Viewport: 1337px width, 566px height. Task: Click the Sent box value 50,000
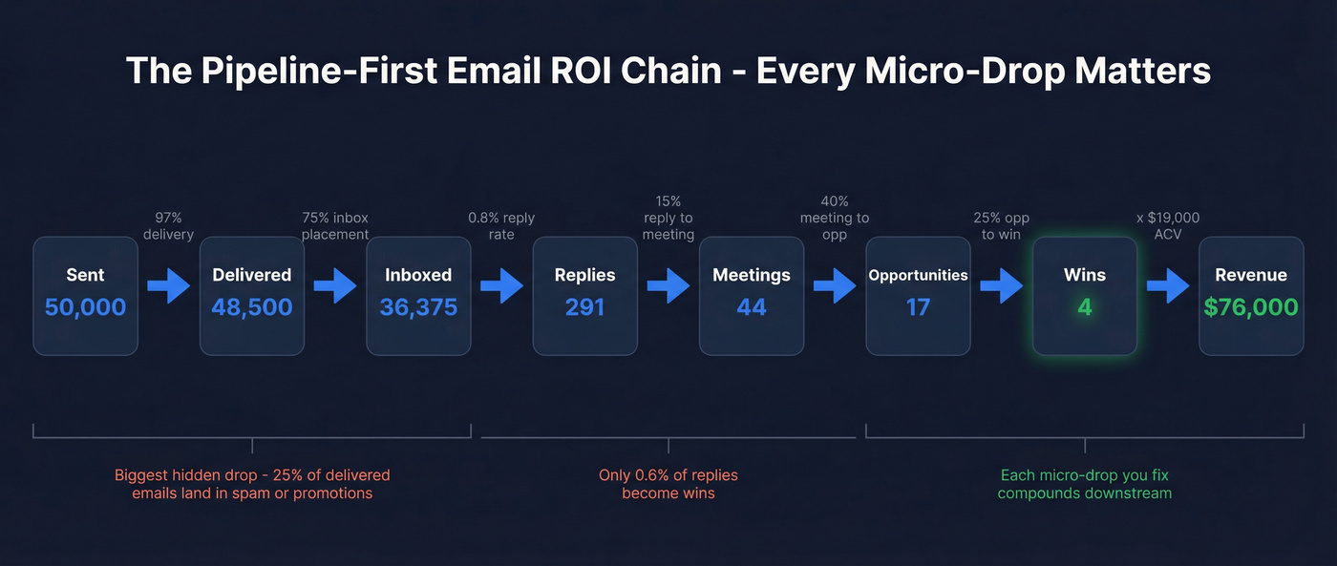tap(85, 307)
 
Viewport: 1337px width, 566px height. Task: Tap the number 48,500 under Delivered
tap(252, 307)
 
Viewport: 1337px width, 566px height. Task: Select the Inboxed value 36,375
tap(418, 307)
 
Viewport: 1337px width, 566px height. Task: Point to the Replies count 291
tap(584, 307)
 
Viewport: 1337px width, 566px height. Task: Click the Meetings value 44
tap(752, 307)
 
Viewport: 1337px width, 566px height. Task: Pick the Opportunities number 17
tap(918, 307)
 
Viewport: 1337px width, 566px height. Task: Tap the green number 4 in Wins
tap(1085, 307)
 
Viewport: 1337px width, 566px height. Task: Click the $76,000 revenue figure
tap(1251, 307)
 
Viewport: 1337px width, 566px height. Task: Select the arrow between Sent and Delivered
tap(169, 285)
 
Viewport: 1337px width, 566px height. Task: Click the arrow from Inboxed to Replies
tap(502, 285)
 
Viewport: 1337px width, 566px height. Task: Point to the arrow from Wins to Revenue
tap(1168, 285)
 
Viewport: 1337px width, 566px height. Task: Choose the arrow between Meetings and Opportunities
tap(835, 285)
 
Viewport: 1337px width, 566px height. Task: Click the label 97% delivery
tap(168, 226)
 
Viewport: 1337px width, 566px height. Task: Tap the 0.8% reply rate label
tap(501, 226)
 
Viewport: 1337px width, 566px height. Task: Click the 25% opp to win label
tap(1001, 226)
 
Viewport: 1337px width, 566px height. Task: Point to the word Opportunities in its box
tap(918, 276)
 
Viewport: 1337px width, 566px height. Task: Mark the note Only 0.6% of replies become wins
tap(668, 484)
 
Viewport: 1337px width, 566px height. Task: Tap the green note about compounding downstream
tap(1085, 484)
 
